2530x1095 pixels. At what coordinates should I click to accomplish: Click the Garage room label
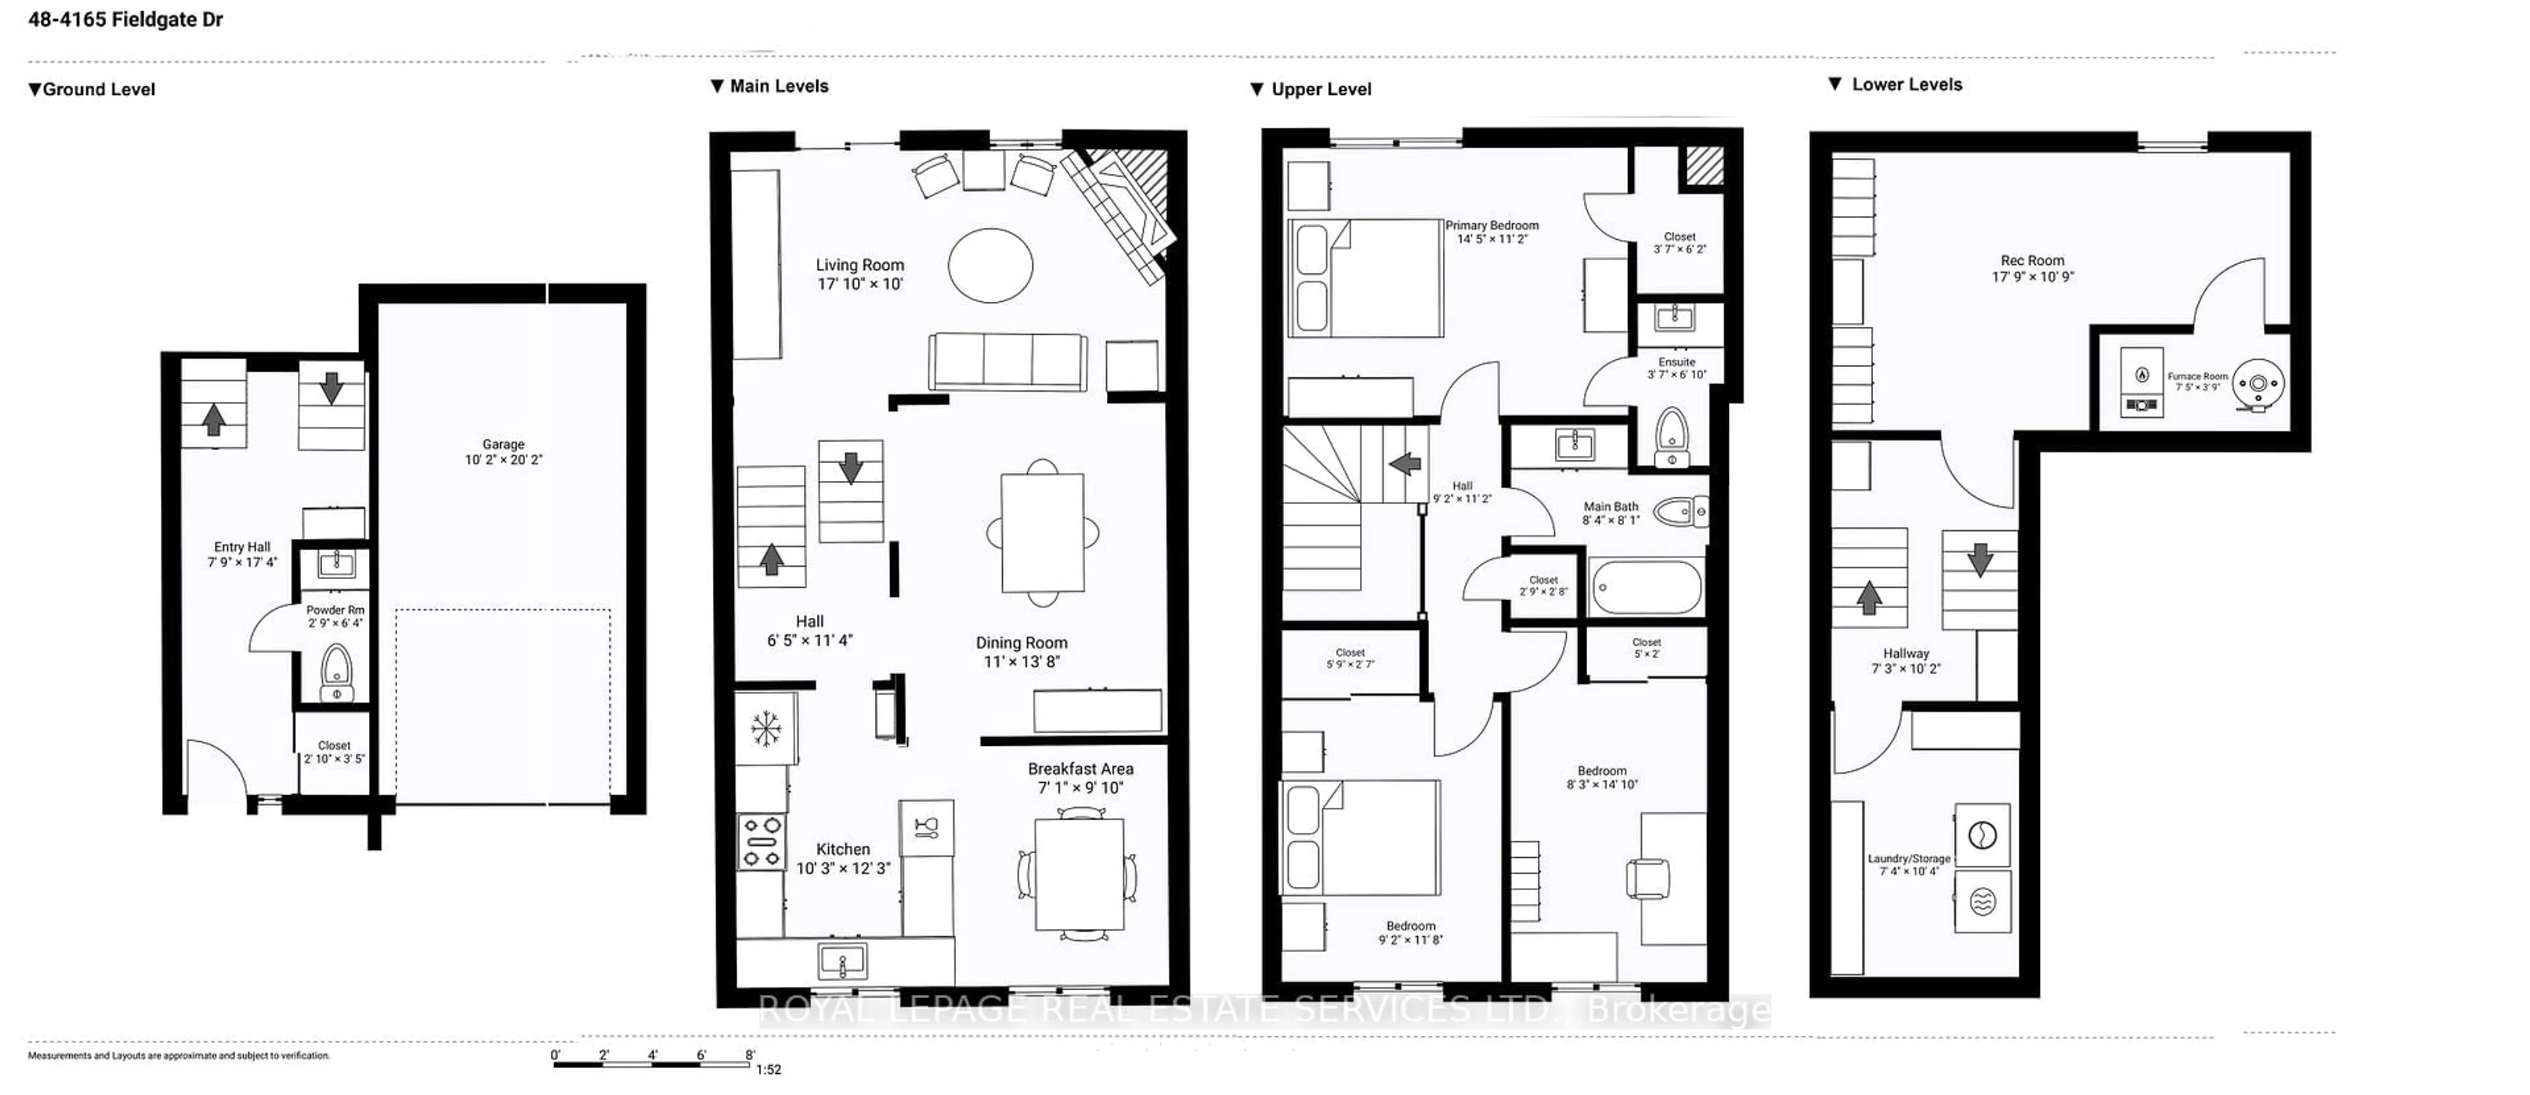[503, 445]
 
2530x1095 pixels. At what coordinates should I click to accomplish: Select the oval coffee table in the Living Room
[990, 265]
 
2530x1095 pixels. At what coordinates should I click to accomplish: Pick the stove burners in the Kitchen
[761, 841]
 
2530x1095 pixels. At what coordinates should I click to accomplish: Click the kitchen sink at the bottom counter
[842, 961]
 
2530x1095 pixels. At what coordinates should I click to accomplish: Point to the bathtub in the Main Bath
[1645, 587]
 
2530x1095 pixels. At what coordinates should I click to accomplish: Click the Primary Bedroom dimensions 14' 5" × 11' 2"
[1491, 239]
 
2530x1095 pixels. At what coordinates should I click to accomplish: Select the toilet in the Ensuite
[1672, 436]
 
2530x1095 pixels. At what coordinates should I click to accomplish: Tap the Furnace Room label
[2197, 376]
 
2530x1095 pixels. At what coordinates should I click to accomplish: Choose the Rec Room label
[2032, 260]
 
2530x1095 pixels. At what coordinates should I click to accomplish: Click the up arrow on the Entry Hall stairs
[213, 419]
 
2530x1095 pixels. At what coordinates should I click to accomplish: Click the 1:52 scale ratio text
[768, 1069]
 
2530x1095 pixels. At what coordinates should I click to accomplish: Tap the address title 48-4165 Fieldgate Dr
[126, 20]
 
